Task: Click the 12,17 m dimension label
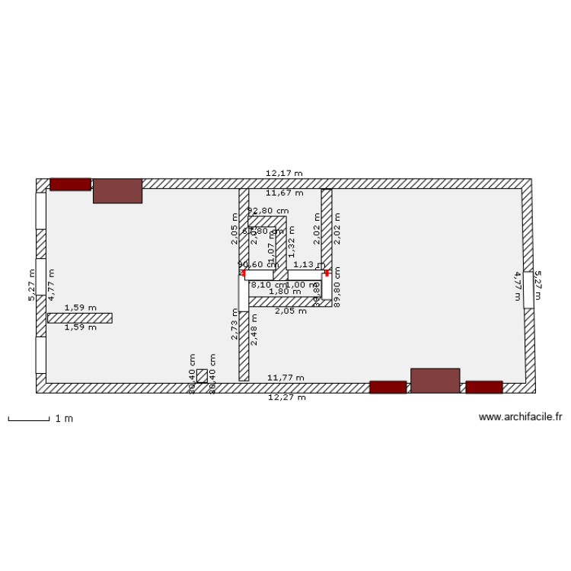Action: (x=284, y=174)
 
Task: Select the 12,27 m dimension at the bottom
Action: (x=286, y=397)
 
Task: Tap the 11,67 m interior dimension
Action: (x=284, y=193)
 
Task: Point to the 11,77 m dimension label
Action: (x=285, y=378)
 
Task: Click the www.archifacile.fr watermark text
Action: (x=520, y=417)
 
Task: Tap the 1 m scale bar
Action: (x=28, y=418)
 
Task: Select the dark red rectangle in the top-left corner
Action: (x=70, y=184)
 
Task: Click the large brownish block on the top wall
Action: (x=117, y=191)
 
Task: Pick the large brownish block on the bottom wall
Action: (x=435, y=380)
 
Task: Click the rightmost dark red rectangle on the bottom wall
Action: (x=484, y=387)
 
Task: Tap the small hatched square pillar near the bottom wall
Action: (x=202, y=376)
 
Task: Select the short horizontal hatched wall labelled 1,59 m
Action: (x=79, y=317)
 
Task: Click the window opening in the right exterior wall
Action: (x=528, y=289)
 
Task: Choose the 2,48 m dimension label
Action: (x=254, y=329)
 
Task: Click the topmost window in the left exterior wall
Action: (x=40, y=211)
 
